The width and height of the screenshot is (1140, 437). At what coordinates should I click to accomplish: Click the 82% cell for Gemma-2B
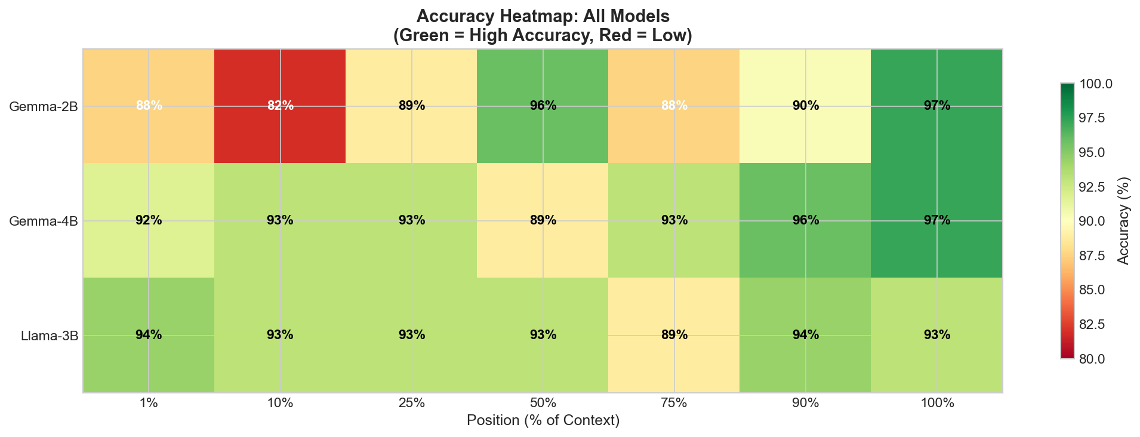pyautogui.click(x=280, y=106)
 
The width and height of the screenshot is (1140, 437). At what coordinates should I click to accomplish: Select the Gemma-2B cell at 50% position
pyautogui.click(x=543, y=106)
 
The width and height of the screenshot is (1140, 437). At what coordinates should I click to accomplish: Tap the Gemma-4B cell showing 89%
pyautogui.click(x=543, y=220)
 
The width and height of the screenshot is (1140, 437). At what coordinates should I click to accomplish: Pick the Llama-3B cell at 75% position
pyautogui.click(x=674, y=335)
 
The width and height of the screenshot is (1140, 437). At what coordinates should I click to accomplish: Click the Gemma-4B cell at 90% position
pyautogui.click(x=805, y=220)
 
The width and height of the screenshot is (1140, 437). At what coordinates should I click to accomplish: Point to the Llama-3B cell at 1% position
pyautogui.click(x=149, y=335)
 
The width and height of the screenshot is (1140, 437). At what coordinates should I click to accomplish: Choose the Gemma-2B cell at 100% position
pyautogui.click(x=936, y=106)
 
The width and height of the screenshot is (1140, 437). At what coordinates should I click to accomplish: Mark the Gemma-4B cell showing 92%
pyautogui.click(x=149, y=220)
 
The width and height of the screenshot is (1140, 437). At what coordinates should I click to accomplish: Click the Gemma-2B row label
pyautogui.click(x=43, y=106)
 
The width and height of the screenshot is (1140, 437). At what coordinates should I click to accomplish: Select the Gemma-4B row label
pyautogui.click(x=43, y=221)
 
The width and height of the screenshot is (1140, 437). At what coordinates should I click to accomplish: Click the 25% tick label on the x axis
pyautogui.click(x=411, y=404)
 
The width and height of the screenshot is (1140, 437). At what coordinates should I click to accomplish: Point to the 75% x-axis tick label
pyautogui.click(x=674, y=404)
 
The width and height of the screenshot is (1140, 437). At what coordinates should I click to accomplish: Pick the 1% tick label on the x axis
pyautogui.click(x=149, y=404)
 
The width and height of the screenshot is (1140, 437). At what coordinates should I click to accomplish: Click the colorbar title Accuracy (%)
pyautogui.click(x=1124, y=221)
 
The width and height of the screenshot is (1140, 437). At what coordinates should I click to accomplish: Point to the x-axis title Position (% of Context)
pyautogui.click(x=543, y=421)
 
